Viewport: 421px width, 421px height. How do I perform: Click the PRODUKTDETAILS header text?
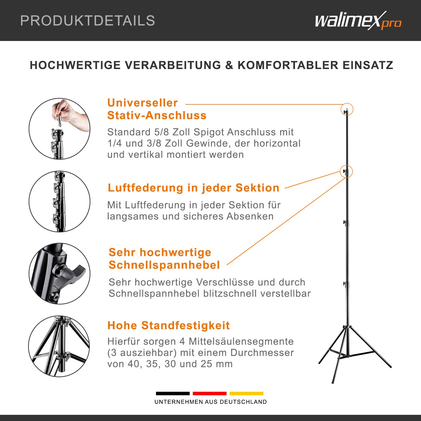[x=88, y=21]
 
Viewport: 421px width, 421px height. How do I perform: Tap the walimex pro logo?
[x=358, y=20]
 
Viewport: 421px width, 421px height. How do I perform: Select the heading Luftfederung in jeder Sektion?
[x=193, y=188]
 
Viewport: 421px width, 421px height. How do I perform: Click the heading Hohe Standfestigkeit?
[x=168, y=326]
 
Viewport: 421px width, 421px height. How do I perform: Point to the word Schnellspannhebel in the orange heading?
[x=164, y=265]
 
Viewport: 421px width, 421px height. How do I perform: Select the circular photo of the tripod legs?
[x=59, y=346]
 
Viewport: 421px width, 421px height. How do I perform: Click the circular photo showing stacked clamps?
[x=59, y=201]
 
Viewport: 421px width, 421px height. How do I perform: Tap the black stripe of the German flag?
[x=173, y=393]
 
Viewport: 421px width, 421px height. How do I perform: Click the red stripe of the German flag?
[x=209, y=393]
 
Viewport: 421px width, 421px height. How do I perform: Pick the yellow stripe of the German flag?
[x=246, y=393]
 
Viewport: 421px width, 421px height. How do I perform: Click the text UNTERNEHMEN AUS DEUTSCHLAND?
[x=210, y=402]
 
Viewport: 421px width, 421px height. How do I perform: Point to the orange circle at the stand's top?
[x=347, y=109]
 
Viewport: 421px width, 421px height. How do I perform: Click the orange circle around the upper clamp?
[x=346, y=171]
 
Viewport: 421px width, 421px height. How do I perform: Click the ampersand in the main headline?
[x=229, y=65]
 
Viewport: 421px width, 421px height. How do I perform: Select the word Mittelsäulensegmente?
[x=241, y=341]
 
